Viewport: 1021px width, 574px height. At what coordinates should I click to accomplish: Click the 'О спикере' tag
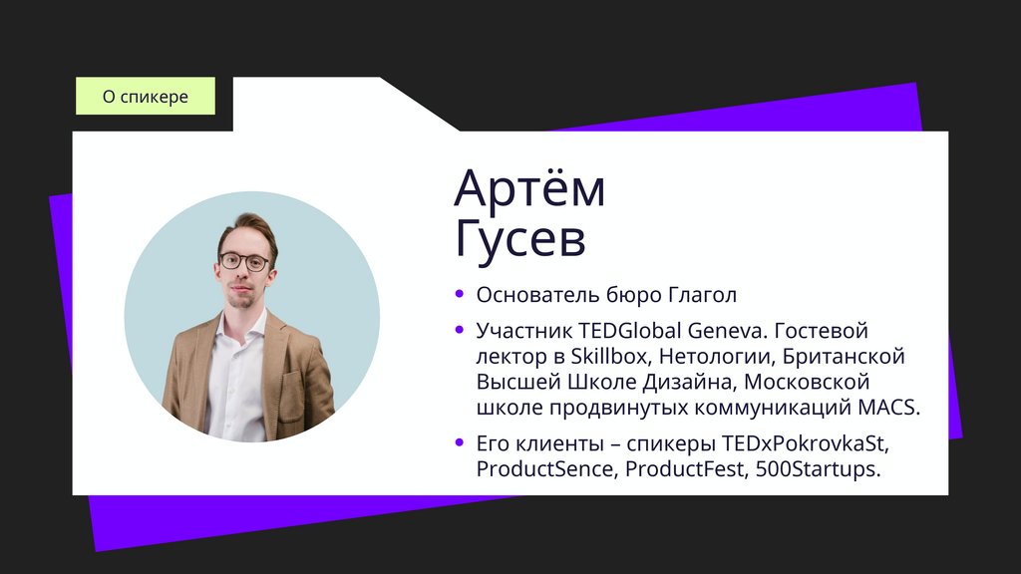coord(146,97)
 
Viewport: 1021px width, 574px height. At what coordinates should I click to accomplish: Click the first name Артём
coord(529,189)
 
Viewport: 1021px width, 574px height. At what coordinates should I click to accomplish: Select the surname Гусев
coord(519,239)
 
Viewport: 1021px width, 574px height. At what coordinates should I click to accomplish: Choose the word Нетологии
coord(715,356)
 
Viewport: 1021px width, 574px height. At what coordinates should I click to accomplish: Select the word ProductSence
coord(544,468)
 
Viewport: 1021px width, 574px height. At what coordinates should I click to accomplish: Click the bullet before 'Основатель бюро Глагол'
coord(460,294)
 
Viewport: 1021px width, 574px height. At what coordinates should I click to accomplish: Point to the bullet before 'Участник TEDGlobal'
coord(460,329)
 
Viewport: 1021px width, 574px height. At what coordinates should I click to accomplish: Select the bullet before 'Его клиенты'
coord(460,441)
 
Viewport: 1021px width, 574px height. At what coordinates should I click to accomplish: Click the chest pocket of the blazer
coord(291,380)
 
